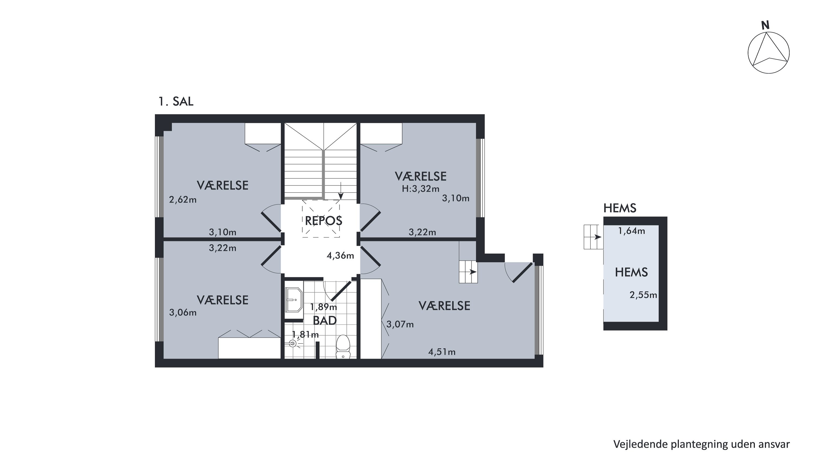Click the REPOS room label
pyautogui.click(x=323, y=221)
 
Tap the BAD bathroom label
pyautogui.click(x=325, y=321)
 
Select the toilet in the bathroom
pyautogui.click(x=342, y=346)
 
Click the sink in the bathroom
pyautogui.click(x=294, y=300)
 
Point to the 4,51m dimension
pyautogui.click(x=442, y=352)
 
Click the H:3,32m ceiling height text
pyautogui.click(x=421, y=189)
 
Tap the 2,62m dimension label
pyautogui.click(x=183, y=200)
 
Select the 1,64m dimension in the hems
pyautogui.click(x=631, y=231)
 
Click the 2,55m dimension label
pyautogui.click(x=643, y=295)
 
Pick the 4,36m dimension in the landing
pyautogui.click(x=340, y=255)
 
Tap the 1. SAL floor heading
pyautogui.click(x=176, y=102)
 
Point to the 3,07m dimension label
pyautogui.click(x=400, y=324)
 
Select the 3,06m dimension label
pyautogui.click(x=183, y=312)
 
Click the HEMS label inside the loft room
pyautogui.click(x=631, y=272)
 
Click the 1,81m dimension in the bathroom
pyautogui.click(x=305, y=334)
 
